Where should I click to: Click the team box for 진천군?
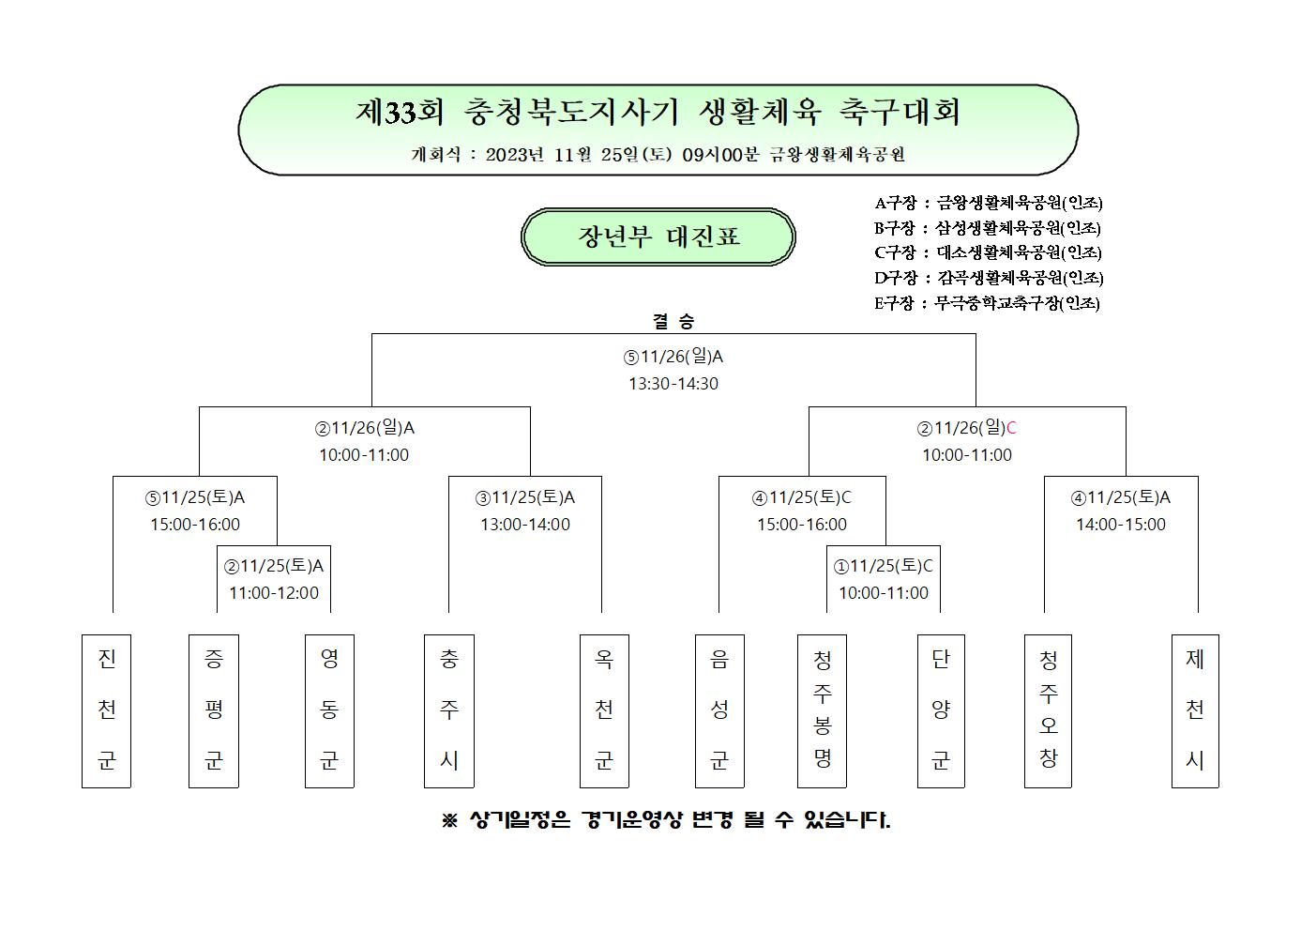tap(106, 710)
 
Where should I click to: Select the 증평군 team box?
tap(213, 710)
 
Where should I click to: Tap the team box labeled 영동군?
tap(329, 710)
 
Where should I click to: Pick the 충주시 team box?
tap(449, 710)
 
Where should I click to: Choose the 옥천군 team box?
tap(604, 710)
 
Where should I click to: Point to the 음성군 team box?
tap(719, 710)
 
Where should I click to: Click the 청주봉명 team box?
tap(822, 710)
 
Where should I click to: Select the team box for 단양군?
tap(941, 710)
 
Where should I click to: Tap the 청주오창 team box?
tap(1048, 710)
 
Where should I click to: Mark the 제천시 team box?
tap(1195, 710)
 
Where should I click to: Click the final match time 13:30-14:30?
tap(673, 384)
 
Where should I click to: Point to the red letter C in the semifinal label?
tap(1011, 428)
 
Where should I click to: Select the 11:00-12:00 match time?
tap(274, 593)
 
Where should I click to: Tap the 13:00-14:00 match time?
tap(525, 525)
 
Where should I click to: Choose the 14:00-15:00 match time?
tap(1120, 525)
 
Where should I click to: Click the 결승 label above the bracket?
tap(673, 321)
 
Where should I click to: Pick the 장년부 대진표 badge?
tap(658, 237)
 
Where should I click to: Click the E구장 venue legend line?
tap(987, 303)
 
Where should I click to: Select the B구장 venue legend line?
tap(987, 228)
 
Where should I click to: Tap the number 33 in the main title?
tap(401, 113)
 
